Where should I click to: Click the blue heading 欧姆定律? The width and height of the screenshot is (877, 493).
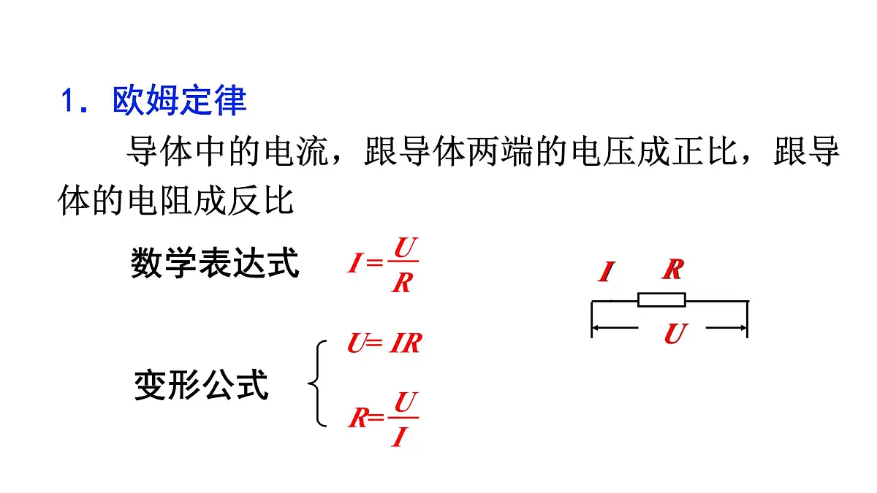coord(179,100)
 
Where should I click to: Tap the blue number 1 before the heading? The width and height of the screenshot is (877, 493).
coord(68,101)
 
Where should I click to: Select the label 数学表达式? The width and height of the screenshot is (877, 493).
coord(215,262)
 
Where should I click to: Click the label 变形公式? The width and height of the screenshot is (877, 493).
coord(201,385)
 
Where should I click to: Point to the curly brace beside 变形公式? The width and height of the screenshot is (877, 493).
coord(316,383)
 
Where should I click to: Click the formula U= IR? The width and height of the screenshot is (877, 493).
coord(384,343)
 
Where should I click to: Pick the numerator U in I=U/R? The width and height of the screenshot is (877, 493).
coord(405,248)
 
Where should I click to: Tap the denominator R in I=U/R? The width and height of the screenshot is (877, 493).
coord(402,283)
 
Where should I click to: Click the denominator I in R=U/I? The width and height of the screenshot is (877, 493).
coord(400,437)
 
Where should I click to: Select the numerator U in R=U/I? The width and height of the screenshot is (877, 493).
coord(406,402)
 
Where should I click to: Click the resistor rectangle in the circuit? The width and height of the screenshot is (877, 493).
coord(661,299)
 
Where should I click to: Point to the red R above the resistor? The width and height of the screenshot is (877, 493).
coord(673,270)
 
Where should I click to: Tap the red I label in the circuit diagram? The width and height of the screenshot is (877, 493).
coord(607,272)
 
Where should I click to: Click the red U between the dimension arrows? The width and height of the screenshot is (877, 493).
coord(676,333)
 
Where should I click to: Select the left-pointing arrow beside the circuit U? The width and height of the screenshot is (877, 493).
coord(615,327)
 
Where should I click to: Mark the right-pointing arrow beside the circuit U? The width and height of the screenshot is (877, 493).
coord(726,327)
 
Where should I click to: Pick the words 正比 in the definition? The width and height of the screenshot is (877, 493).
coord(705,151)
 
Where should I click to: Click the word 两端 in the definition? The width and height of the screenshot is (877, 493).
coord(500,151)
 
